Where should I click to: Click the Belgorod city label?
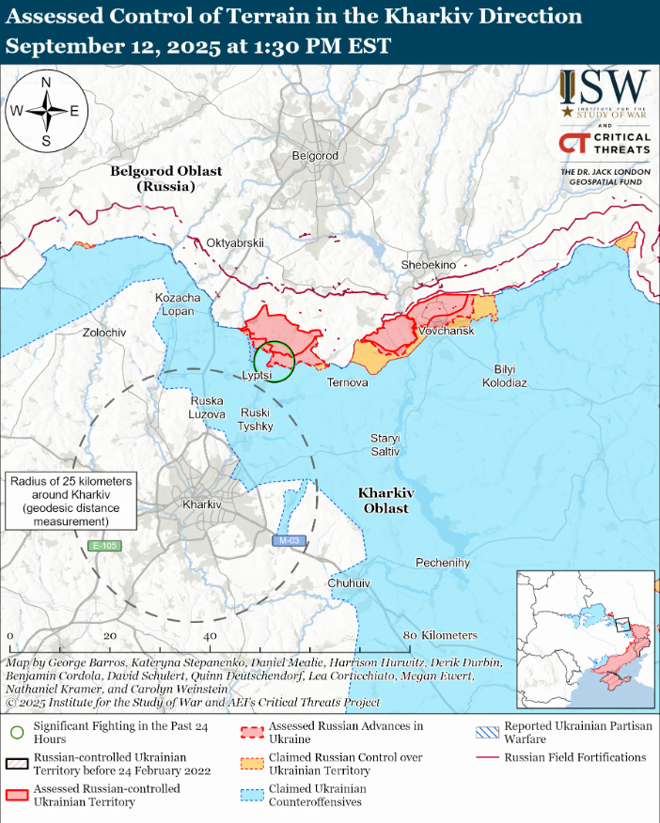(x=315, y=155)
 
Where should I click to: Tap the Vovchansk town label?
(x=447, y=332)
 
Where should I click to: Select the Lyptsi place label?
(x=257, y=375)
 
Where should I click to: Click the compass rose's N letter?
(x=46, y=82)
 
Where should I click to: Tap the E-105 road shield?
(x=105, y=546)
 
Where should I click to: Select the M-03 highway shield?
(x=289, y=540)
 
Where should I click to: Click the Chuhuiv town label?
(x=349, y=583)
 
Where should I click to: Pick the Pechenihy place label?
(x=443, y=563)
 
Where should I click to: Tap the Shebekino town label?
(x=428, y=265)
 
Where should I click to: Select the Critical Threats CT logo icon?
(x=574, y=143)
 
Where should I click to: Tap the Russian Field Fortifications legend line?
(x=486, y=757)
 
